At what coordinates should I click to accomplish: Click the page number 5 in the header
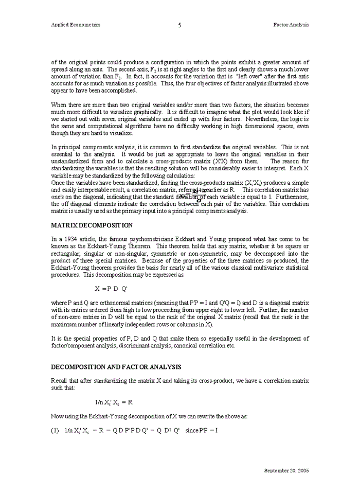179,25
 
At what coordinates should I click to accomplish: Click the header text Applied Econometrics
76,25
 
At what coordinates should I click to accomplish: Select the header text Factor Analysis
291,25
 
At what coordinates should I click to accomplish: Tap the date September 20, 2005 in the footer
286,470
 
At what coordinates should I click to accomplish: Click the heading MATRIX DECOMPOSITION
92,225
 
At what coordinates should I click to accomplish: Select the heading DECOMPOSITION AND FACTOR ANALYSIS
116,367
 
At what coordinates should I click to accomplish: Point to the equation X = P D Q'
111,289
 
